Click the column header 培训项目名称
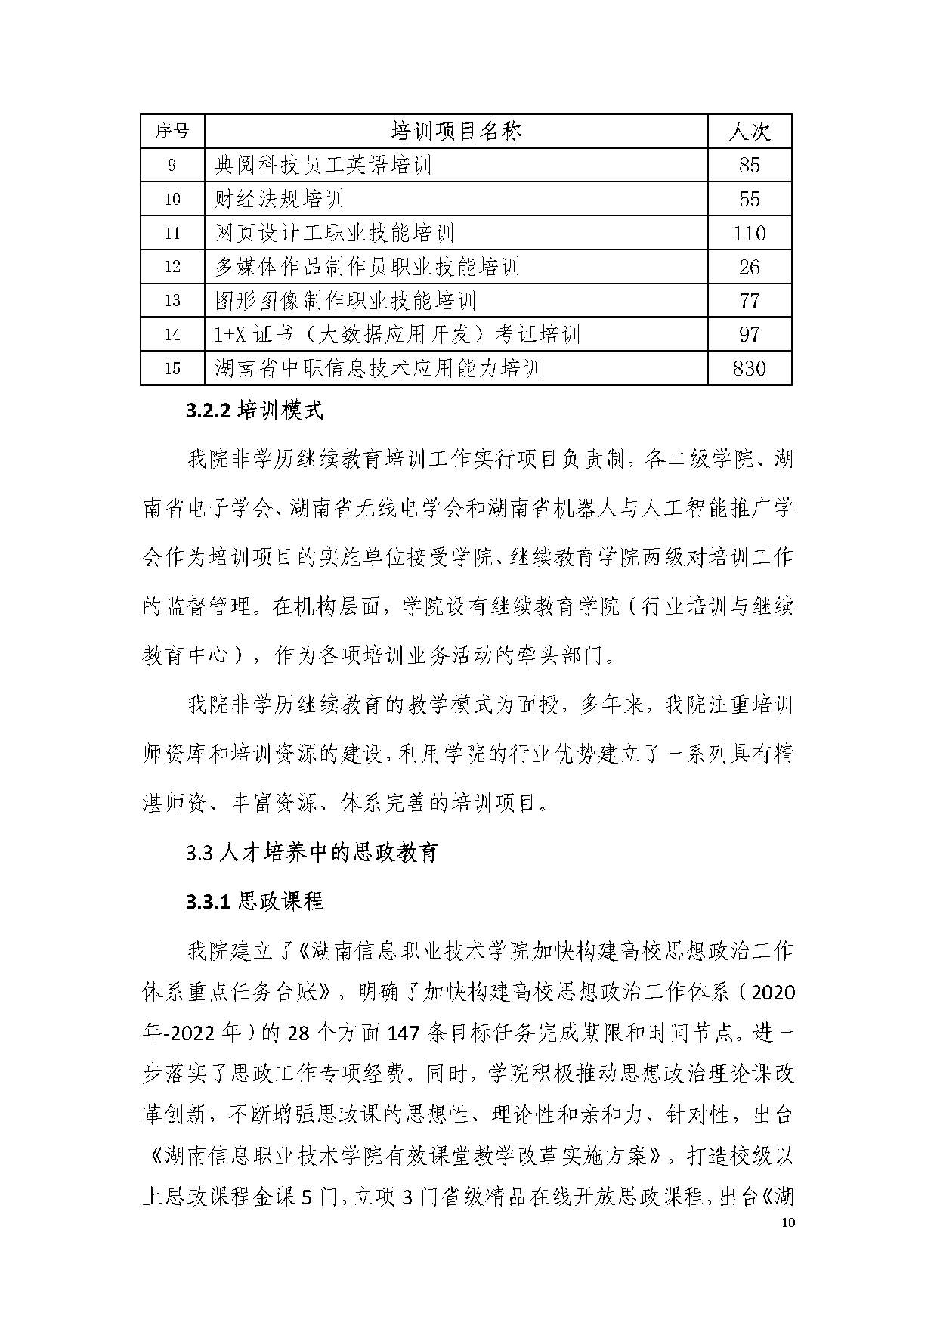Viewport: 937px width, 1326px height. [x=456, y=132]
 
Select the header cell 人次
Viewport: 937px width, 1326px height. [x=749, y=132]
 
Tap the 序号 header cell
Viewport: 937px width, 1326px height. [x=172, y=132]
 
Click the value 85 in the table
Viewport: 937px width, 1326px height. [x=749, y=166]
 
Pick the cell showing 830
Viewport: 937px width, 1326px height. [x=749, y=368]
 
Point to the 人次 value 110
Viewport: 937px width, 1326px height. [x=749, y=233]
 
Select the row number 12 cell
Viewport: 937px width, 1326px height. [x=172, y=267]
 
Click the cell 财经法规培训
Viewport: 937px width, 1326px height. [x=280, y=199]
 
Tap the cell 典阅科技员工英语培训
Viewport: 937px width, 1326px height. [x=323, y=166]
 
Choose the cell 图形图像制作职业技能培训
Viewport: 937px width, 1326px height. [x=345, y=301]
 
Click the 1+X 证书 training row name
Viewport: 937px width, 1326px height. [x=397, y=334]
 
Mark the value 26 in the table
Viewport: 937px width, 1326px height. [x=749, y=267]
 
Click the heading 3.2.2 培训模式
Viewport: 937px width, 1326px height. [x=255, y=411]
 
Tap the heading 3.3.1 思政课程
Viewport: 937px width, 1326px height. [x=255, y=901]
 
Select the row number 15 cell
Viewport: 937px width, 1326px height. [x=172, y=368]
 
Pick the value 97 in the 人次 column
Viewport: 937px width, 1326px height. [x=749, y=334]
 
